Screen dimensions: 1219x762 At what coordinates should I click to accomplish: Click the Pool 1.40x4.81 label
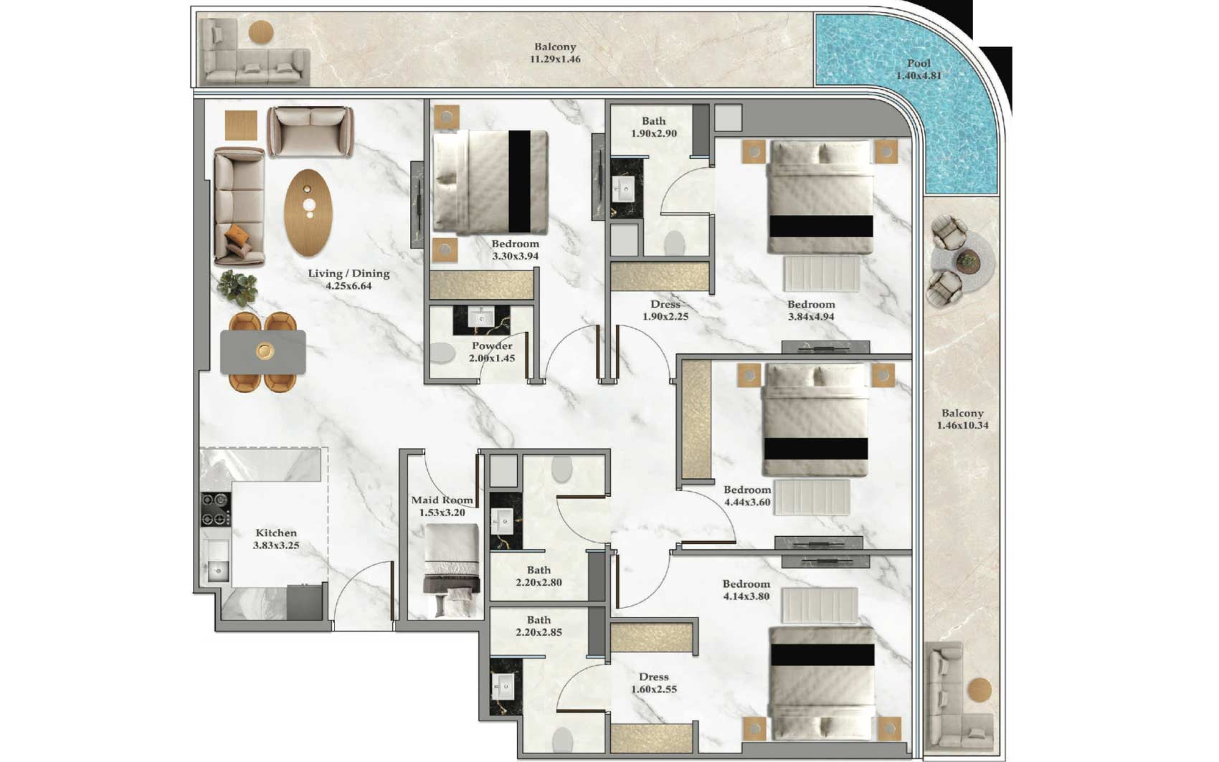(919, 70)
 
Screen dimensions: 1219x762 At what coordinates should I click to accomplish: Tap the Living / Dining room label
(348, 280)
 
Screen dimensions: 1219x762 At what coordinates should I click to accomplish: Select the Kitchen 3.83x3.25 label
(276, 539)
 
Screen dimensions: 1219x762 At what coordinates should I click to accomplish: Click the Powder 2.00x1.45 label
(492, 352)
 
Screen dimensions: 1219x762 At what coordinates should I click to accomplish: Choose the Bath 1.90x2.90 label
(653, 128)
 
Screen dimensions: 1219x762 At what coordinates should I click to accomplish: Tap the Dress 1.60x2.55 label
(653, 683)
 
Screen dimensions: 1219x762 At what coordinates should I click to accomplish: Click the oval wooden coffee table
(308, 212)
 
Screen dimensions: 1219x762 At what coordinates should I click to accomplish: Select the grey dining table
(263, 352)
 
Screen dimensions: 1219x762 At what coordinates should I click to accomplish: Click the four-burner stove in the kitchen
(216, 510)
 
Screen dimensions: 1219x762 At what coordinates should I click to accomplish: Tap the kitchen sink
(218, 571)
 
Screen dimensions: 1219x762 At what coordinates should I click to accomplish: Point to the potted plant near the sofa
(238, 287)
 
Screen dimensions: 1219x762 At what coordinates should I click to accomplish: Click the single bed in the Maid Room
(452, 571)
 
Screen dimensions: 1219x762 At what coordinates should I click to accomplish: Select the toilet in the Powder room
(442, 353)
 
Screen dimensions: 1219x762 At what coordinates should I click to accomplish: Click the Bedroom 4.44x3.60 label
(747, 496)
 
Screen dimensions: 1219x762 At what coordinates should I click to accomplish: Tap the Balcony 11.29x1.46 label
(555, 53)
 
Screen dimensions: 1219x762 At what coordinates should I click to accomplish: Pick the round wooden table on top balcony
(261, 32)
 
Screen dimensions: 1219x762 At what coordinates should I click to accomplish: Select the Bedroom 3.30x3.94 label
(516, 249)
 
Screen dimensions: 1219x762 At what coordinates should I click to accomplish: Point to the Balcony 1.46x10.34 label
(963, 419)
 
